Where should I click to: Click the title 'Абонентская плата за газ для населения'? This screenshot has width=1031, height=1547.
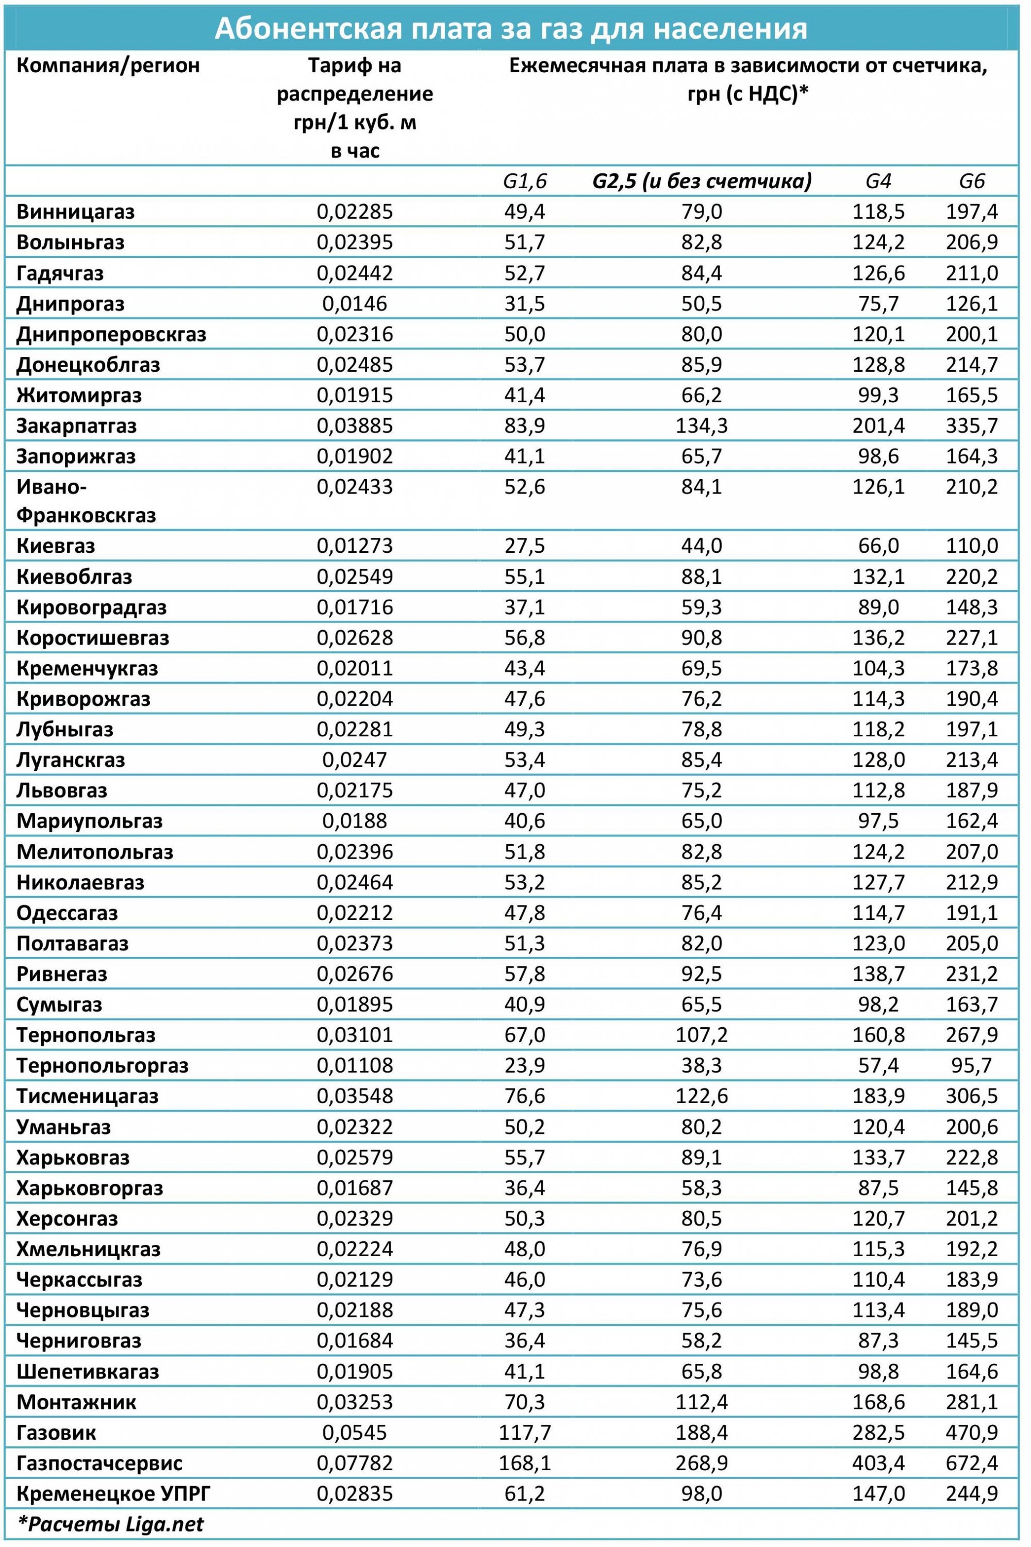pos(511,29)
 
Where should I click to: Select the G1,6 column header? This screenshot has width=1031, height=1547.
pos(524,181)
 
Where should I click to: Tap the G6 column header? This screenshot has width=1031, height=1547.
pos(971,181)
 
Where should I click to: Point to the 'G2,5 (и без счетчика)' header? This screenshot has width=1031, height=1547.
pos(702,181)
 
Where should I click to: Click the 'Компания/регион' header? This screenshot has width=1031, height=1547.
pos(108,66)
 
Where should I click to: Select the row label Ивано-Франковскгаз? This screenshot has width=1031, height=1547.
pos(86,501)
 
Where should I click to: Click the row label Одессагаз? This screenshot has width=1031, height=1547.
pos(67,913)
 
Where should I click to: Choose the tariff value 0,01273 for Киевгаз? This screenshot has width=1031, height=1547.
pos(355,546)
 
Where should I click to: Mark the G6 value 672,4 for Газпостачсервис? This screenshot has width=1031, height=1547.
pos(971,1463)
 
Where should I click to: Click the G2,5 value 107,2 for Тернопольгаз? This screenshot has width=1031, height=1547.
pos(702,1035)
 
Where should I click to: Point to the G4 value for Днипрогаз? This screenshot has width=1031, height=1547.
pos(878,304)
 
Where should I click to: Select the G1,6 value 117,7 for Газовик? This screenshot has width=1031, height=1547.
pos(524,1433)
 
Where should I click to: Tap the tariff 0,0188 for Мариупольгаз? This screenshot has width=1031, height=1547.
pos(355,821)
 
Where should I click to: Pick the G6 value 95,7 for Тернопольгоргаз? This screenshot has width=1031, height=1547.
pos(971,1065)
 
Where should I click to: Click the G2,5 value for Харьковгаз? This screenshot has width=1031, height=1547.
pos(702,1158)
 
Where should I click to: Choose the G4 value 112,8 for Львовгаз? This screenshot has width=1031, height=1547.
pos(878,791)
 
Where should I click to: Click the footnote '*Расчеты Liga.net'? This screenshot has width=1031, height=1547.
pos(110,1525)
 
